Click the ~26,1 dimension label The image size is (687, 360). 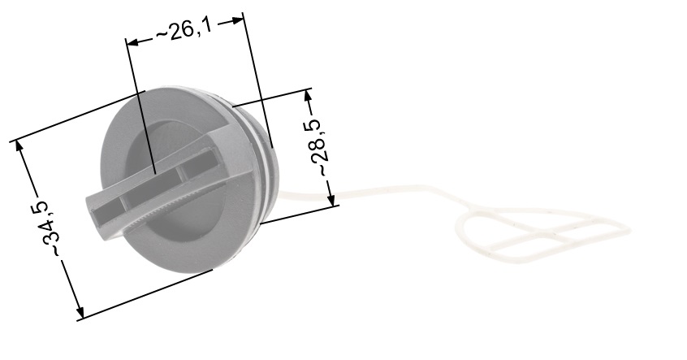pos(184,30)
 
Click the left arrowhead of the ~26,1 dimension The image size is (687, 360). pos(132,42)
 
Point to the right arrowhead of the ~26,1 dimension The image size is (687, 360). pos(236,20)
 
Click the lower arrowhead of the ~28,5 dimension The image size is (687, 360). pos(331,198)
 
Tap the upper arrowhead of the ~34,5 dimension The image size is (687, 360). pos(19,148)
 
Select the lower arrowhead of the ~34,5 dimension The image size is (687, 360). pos(79,310)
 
